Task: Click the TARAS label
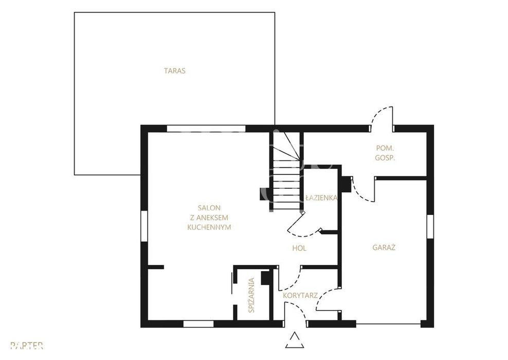click(x=175, y=70)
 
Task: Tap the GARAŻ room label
click(x=384, y=247)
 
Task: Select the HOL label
click(x=299, y=248)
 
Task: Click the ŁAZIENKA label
click(x=321, y=197)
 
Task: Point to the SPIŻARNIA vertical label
click(x=251, y=295)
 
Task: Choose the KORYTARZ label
click(x=300, y=296)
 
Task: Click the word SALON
click(x=209, y=208)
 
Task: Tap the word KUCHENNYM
click(x=209, y=227)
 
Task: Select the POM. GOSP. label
click(x=385, y=153)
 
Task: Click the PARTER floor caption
click(x=27, y=346)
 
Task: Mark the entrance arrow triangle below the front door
click(x=295, y=340)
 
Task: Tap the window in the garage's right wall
click(x=430, y=226)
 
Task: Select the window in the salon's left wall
click(x=144, y=226)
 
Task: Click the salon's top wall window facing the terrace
click(x=206, y=129)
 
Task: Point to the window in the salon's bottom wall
click(x=198, y=323)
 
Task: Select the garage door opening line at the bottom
click(x=388, y=323)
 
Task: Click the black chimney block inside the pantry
click(x=266, y=278)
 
